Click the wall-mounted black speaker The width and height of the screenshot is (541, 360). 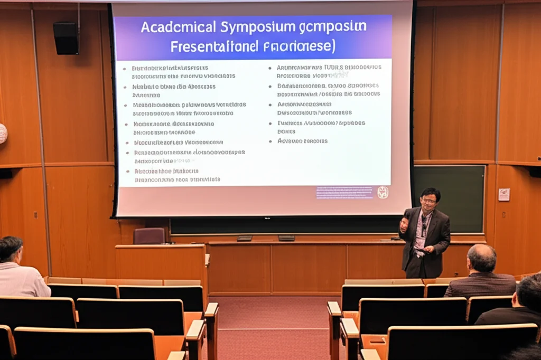tap(66, 38)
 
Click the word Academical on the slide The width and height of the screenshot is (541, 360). tap(178, 27)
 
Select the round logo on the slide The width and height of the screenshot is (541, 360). tap(383, 192)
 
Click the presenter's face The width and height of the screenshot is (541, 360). tap(429, 200)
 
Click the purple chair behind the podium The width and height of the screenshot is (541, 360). tap(149, 236)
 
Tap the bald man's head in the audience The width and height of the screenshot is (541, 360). tap(482, 258)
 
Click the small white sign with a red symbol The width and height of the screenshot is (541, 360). tap(503, 195)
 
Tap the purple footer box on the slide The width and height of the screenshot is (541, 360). tap(344, 192)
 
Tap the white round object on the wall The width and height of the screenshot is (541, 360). tap(2, 134)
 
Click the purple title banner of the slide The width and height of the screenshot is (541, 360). tap(253, 36)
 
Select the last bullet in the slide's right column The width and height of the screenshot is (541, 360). tap(302, 141)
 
